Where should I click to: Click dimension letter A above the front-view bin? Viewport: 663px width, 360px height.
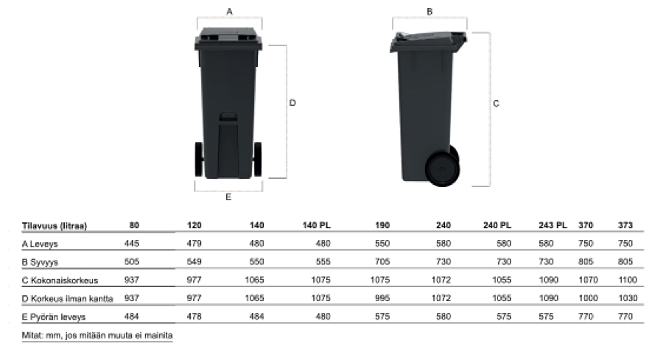(x=230, y=11)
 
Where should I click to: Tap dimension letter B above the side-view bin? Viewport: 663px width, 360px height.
(x=429, y=11)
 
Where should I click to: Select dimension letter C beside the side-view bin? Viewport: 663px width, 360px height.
(x=496, y=103)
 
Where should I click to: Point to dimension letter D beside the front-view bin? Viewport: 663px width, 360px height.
(x=292, y=102)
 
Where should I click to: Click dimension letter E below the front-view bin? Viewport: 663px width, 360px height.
(x=228, y=197)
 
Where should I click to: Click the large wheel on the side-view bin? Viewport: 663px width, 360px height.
(x=442, y=169)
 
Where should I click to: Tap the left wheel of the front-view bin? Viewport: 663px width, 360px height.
(x=199, y=159)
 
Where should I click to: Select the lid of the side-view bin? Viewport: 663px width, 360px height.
(x=428, y=41)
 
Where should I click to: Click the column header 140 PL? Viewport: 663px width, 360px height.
(x=316, y=225)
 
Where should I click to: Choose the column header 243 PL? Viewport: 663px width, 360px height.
(x=552, y=225)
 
